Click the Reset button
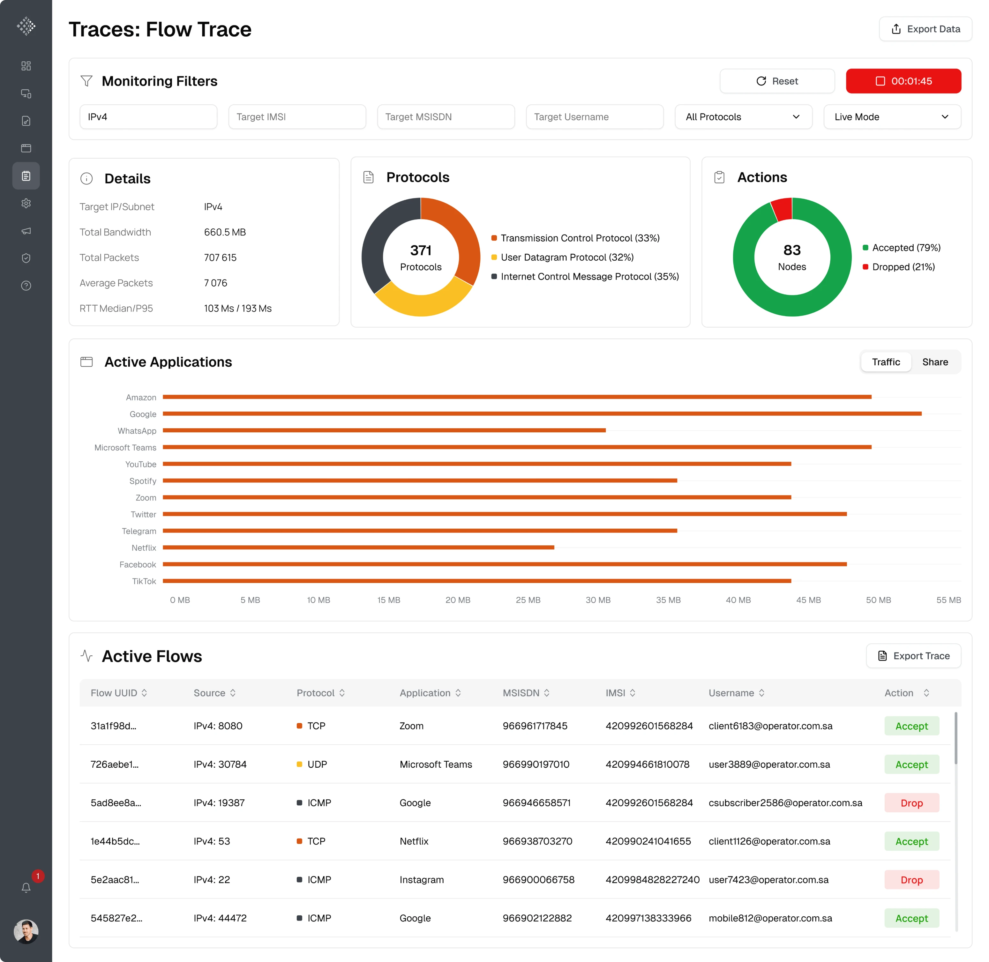pos(777,81)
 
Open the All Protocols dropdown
pos(743,117)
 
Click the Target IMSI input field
pos(297,117)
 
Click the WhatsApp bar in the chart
pos(384,430)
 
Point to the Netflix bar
pos(358,547)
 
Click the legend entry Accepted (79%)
pos(906,248)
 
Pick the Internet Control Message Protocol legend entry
pos(589,276)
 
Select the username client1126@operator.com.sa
pos(769,841)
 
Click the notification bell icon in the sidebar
pos(26,888)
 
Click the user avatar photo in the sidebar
pos(26,931)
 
